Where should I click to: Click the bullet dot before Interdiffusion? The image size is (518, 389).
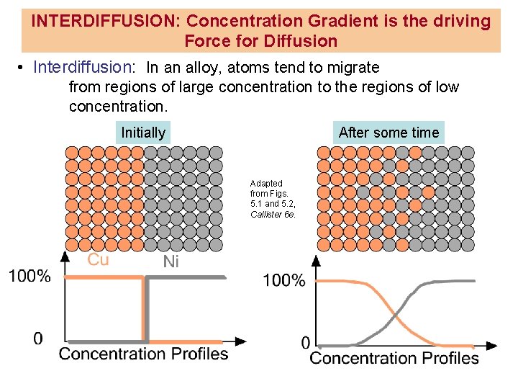(22, 68)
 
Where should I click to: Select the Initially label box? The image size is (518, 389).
(143, 133)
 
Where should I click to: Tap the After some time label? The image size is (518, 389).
(388, 133)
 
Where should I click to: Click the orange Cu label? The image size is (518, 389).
(99, 259)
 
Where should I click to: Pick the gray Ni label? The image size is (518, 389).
(171, 261)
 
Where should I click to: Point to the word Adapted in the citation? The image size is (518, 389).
(266, 184)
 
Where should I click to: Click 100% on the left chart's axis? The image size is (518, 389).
(29, 276)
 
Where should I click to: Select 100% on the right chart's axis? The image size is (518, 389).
(283, 280)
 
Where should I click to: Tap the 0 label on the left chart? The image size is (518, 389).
(37, 338)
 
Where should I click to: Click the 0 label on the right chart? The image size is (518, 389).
(306, 342)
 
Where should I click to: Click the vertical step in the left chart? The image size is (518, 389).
(147, 310)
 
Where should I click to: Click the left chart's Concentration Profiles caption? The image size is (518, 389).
(143, 354)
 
